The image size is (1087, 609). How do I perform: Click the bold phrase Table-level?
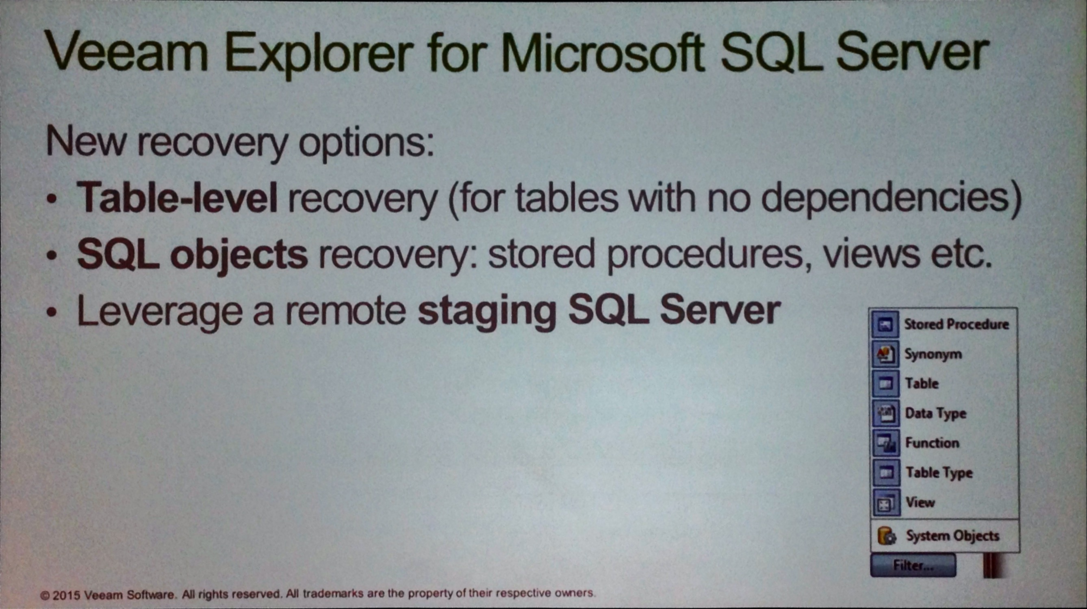pos(177,197)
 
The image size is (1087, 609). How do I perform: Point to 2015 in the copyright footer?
pos(66,596)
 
